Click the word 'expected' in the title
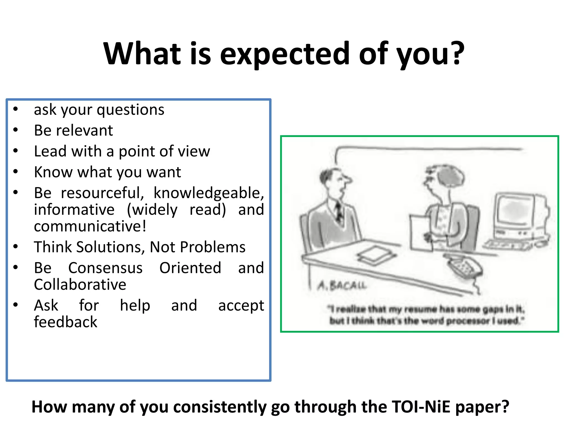coord(284,54)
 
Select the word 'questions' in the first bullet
coord(130,110)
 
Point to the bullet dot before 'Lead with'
coord(16,151)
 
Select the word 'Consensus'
coord(105,268)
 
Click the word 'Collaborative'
coord(80,285)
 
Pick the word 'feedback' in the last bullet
coord(65,322)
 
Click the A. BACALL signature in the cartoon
coord(342,285)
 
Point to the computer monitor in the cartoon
coord(517,211)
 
